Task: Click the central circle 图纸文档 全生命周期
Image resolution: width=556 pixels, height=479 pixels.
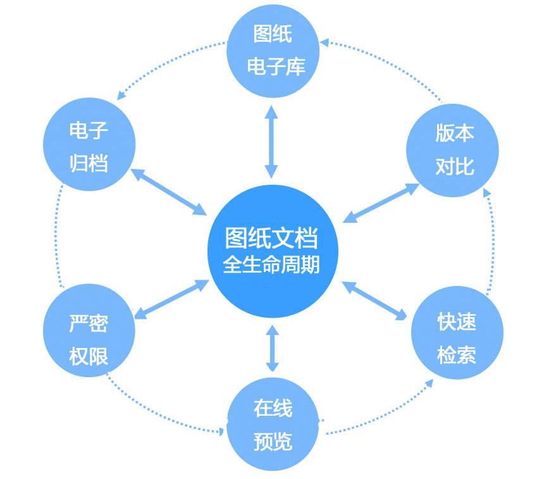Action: point(273,251)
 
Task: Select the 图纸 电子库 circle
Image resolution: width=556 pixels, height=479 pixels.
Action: point(273,51)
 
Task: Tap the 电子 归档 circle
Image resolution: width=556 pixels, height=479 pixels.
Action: point(89,144)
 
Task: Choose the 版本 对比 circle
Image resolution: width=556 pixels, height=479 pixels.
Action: point(452,151)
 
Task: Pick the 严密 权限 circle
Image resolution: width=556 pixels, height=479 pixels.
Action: point(89,330)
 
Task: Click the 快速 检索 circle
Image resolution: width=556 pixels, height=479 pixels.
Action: point(457,332)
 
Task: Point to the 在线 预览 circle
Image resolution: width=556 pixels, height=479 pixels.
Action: point(273,425)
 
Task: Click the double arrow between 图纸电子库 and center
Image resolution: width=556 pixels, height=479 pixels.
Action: point(271,142)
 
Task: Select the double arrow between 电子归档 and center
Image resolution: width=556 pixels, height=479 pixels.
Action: point(169,192)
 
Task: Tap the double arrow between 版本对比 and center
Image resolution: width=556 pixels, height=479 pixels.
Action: point(381,203)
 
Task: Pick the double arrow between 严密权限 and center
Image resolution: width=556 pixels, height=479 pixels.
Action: point(171,299)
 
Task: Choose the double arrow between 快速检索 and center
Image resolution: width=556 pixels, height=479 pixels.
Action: point(374,301)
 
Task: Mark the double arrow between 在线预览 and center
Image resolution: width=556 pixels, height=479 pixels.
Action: point(273,348)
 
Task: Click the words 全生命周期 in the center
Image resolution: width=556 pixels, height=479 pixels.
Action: point(271,264)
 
